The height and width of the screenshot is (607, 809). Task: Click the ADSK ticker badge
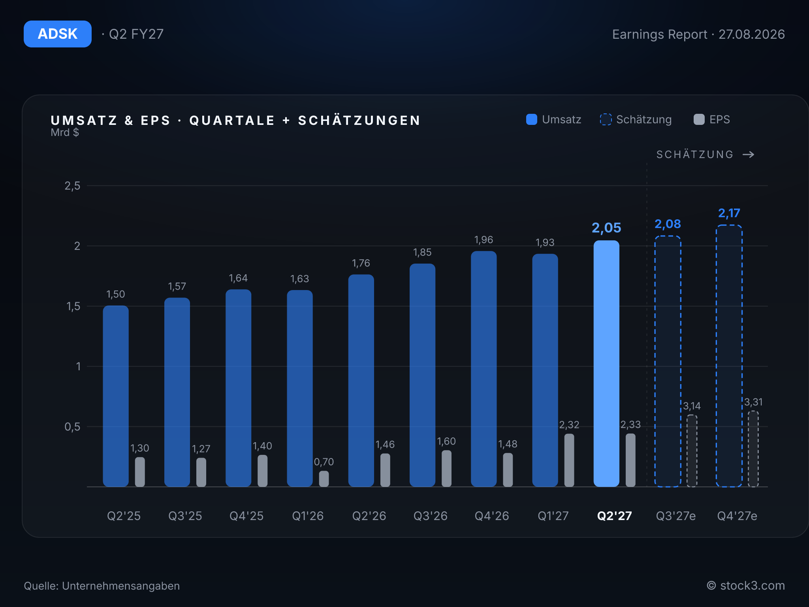[x=58, y=34]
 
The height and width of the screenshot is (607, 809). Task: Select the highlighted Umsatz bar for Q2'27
[x=606, y=364]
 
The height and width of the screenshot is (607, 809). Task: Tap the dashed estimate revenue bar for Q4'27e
[x=729, y=356]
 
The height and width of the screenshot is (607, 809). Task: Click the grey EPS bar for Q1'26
[x=324, y=479]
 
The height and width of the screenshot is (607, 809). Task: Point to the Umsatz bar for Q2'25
[x=116, y=396]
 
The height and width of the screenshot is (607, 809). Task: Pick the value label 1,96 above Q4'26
[x=484, y=240]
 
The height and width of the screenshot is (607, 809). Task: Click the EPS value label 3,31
[x=753, y=402]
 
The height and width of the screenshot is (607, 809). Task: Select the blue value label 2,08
[x=668, y=224]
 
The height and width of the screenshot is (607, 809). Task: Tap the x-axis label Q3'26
[x=431, y=516]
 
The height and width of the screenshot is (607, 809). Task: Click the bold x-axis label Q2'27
[x=614, y=516]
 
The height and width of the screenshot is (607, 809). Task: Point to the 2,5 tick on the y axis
[x=72, y=186]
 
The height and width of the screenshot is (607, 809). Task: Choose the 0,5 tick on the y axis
[x=72, y=427]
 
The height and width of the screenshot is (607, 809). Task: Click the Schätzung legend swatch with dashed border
[x=606, y=119]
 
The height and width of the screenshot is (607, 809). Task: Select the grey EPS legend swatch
[x=699, y=119]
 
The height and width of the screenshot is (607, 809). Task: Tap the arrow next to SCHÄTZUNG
[x=749, y=155]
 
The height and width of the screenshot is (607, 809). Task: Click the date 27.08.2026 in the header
[x=751, y=34]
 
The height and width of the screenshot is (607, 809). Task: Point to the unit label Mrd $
[x=65, y=132]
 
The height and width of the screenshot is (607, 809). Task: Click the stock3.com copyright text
[x=746, y=586]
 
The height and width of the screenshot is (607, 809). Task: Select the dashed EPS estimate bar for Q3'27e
[x=692, y=451]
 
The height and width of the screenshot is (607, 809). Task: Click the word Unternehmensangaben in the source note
[x=121, y=586]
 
